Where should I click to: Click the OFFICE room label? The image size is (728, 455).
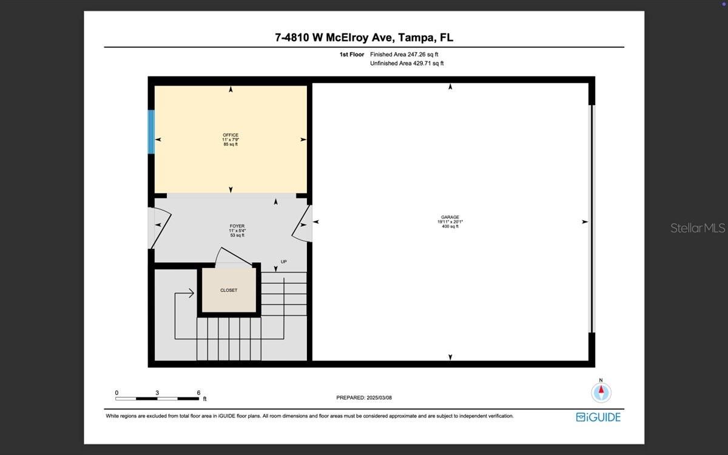[x=231, y=135]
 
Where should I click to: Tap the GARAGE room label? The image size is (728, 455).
[x=450, y=217]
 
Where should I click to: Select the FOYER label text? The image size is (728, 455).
[x=237, y=226]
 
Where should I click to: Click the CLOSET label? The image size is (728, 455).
[x=229, y=290]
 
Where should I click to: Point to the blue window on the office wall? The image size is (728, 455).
[x=151, y=132]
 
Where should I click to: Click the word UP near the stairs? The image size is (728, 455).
[x=284, y=261]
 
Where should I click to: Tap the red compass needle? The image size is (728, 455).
[x=601, y=389]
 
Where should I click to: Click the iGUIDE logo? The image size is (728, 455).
[x=598, y=417]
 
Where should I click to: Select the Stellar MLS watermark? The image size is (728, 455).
[x=698, y=228]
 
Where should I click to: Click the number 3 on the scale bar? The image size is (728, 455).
[x=157, y=393]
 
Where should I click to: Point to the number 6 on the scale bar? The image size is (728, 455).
[x=198, y=393]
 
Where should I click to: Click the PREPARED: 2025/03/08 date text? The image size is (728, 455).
[x=364, y=397]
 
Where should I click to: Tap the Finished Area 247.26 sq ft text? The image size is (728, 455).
[x=404, y=54]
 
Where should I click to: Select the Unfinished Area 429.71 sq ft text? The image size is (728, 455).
[x=406, y=63]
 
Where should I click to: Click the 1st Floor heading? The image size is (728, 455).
[x=352, y=54]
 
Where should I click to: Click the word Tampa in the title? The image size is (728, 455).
[x=417, y=38]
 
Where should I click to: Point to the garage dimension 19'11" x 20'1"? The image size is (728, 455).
[x=450, y=221]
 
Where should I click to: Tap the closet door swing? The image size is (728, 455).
[x=233, y=257]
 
